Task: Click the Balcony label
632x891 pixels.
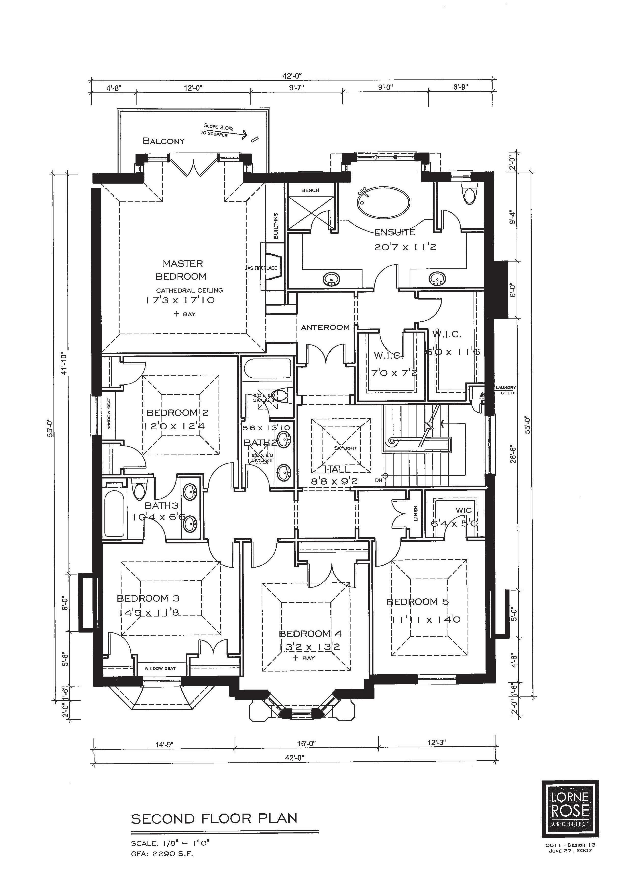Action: pyautogui.click(x=164, y=141)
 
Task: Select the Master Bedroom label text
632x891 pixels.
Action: pyautogui.click(x=182, y=270)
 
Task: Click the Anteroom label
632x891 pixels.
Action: pyautogui.click(x=325, y=327)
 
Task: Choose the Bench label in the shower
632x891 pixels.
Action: pyautogui.click(x=310, y=190)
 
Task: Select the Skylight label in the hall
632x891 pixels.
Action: pyautogui.click(x=345, y=448)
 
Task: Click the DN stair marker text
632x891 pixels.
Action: pyautogui.click(x=379, y=480)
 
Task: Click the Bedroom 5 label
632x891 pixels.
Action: pyautogui.click(x=418, y=602)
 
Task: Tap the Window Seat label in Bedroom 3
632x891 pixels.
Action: pyautogui.click(x=160, y=668)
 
